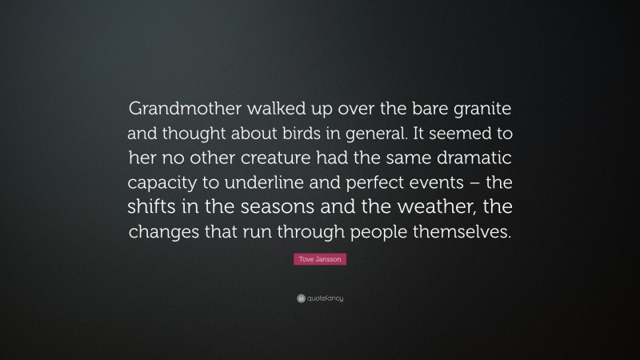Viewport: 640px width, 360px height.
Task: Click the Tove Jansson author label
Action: pos(320,260)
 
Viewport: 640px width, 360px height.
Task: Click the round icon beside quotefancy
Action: pos(300,299)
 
